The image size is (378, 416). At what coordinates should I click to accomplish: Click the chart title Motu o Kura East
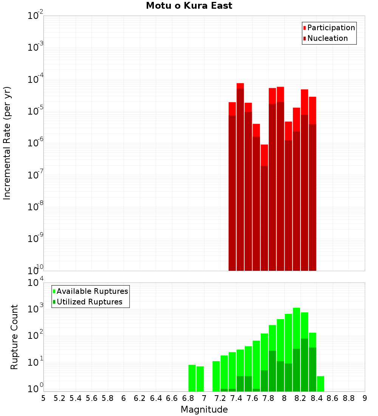coord(189,6)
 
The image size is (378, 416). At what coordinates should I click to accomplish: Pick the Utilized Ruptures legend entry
coord(89,302)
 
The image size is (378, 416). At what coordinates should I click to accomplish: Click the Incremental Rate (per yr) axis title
coord(7,143)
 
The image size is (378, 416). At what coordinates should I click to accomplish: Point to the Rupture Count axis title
coord(14,337)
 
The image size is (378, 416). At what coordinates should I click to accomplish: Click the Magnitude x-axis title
coord(204,410)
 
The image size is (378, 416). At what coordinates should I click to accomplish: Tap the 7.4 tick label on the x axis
coord(236,398)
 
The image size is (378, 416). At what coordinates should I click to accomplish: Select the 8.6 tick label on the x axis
coord(333,398)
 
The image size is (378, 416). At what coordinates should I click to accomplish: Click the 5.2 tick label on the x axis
coord(59,398)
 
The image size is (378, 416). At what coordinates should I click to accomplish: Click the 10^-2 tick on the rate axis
coord(35,16)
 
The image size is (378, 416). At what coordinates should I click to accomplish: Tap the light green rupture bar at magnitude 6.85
coord(192,378)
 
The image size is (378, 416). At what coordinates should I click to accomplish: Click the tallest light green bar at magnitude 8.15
coord(296,348)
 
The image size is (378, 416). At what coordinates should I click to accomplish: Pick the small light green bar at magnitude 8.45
coord(321,383)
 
